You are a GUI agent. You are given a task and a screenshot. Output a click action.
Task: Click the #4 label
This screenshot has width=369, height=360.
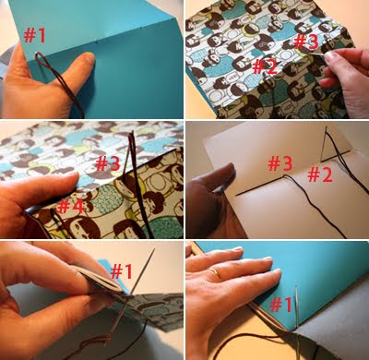tap(71, 206)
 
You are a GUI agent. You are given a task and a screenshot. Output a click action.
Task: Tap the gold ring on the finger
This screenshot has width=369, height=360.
tap(216, 273)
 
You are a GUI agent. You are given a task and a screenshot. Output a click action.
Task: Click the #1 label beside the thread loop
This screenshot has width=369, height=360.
tap(34, 35)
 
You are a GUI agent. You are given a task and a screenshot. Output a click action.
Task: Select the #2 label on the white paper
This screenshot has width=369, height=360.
tap(320, 175)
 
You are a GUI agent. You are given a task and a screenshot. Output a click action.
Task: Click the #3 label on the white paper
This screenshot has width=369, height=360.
tap(280, 163)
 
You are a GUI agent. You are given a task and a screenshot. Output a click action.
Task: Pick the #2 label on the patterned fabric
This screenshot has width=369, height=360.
tap(265, 66)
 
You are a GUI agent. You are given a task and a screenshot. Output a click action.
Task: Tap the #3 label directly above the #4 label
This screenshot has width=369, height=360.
tap(108, 163)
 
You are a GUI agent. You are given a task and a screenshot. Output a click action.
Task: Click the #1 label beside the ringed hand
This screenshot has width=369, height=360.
tap(280, 305)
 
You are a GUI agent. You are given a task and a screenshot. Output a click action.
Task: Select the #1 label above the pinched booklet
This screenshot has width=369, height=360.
tap(122, 271)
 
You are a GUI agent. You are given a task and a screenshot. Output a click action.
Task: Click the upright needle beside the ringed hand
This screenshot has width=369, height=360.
tap(297, 320)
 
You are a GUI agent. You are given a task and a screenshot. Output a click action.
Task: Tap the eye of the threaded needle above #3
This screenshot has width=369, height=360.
tap(132, 138)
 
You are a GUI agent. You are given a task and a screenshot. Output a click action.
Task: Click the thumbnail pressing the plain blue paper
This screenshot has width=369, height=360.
tap(89, 57)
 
